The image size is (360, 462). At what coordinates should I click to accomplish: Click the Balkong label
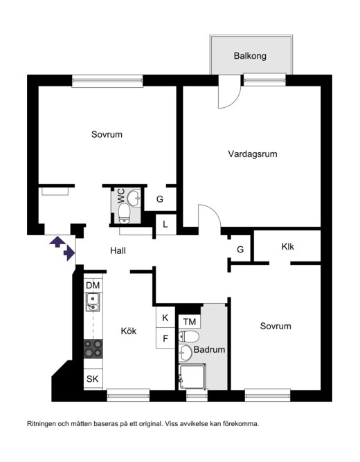[x=250, y=56]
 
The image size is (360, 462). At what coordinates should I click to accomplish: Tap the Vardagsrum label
[x=253, y=154]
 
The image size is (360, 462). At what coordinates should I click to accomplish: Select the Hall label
[x=118, y=250]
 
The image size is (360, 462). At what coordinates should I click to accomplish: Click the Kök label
[x=129, y=331]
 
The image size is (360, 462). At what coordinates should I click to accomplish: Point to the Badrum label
[x=209, y=349]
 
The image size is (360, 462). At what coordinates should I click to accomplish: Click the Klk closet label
[x=287, y=246]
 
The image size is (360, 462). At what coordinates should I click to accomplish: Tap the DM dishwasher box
[x=93, y=285]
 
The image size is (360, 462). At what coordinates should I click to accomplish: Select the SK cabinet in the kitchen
[x=93, y=378]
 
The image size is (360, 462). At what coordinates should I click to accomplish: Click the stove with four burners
[x=93, y=349]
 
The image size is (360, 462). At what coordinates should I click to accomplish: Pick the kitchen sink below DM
[x=93, y=302]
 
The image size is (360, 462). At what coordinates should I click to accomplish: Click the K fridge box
[x=165, y=317]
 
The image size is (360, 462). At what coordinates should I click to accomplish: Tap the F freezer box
[x=165, y=338]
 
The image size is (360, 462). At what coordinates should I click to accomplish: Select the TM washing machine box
[x=189, y=322]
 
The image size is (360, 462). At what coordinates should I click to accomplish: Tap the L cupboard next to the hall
[x=165, y=225]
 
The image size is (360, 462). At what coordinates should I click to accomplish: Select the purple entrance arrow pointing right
[x=69, y=253]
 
